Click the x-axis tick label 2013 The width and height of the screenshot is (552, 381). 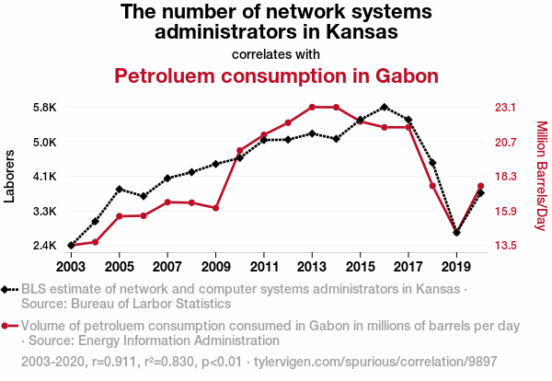point(312,266)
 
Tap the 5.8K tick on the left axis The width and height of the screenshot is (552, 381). point(43,108)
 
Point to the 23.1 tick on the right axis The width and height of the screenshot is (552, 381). point(509,108)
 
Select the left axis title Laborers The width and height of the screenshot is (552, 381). point(10,177)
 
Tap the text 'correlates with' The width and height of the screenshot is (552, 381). point(276,53)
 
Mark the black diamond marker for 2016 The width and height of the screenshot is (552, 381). point(385,107)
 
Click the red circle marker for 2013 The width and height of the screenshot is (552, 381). point(312,107)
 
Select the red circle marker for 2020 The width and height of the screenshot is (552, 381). point(480,187)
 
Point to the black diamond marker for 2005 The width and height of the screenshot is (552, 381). point(120,189)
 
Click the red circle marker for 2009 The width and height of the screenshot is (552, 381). point(215,208)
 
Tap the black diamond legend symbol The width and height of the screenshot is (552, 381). point(8,289)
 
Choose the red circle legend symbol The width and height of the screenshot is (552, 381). point(8,326)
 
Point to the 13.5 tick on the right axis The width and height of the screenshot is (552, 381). point(509,246)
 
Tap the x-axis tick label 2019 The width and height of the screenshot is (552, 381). point(456,266)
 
